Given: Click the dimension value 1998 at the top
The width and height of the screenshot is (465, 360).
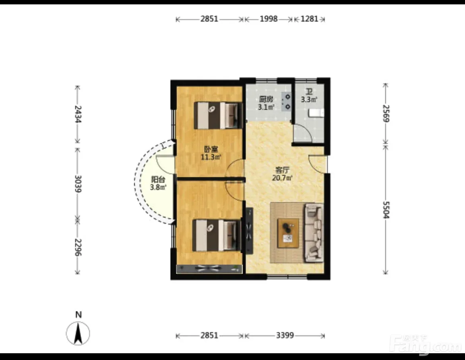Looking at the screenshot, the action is (269, 19).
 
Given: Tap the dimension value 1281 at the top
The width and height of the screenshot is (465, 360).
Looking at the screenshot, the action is (309, 19).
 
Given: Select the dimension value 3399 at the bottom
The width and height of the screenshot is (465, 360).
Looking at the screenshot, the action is (285, 335).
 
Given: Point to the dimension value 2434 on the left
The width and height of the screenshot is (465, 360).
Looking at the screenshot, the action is (78, 114).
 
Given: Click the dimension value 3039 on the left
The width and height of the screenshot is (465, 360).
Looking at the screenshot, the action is (78, 184).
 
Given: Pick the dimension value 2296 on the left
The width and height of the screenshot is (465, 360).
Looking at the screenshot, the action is (78, 247).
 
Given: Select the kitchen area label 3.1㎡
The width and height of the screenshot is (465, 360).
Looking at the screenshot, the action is (266, 107).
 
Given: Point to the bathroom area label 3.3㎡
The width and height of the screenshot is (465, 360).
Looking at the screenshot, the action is (309, 99).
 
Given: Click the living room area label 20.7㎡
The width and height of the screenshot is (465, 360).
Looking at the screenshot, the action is (282, 178).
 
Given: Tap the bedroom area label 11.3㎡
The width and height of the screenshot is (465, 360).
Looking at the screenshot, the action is (211, 157).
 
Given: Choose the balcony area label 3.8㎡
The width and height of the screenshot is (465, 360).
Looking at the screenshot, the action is (158, 187).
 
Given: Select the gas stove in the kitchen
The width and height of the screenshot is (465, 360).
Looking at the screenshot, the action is (287, 101).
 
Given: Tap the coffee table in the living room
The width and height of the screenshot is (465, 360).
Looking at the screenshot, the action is (288, 233).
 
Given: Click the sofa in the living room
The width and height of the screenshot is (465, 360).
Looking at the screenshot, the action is (314, 233).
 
